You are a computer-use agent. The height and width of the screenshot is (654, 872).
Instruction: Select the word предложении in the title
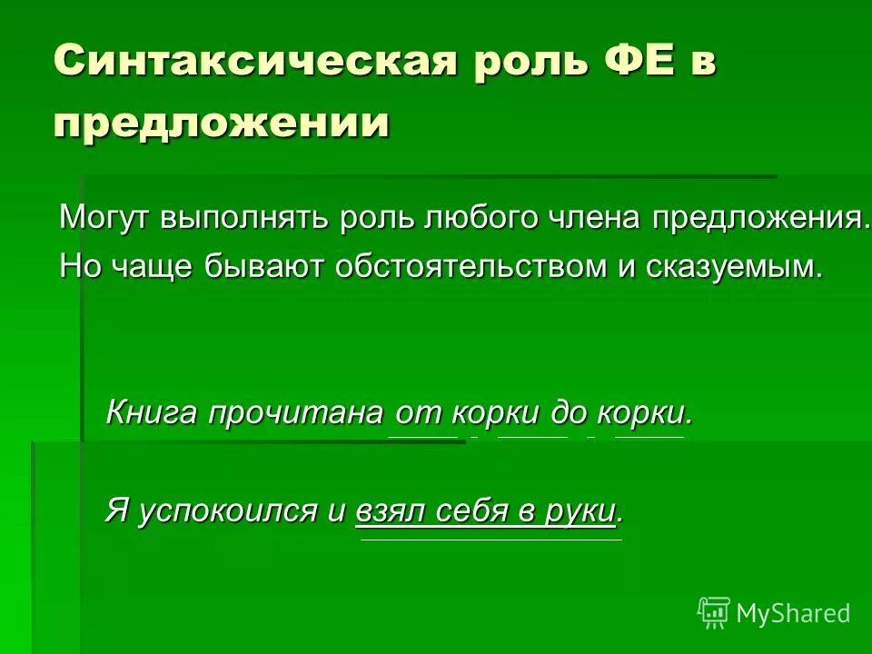tap(221, 123)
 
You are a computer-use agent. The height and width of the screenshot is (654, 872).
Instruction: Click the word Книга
tap(151, 413)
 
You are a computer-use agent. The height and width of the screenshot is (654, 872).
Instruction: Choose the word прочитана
tap(296, 414)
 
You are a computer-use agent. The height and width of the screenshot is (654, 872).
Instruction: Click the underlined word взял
tap(386, 510)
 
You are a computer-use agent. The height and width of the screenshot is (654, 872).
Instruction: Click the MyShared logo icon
tap(713, 612)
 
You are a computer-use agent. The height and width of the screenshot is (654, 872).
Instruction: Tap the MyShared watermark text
tap(792, 613)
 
